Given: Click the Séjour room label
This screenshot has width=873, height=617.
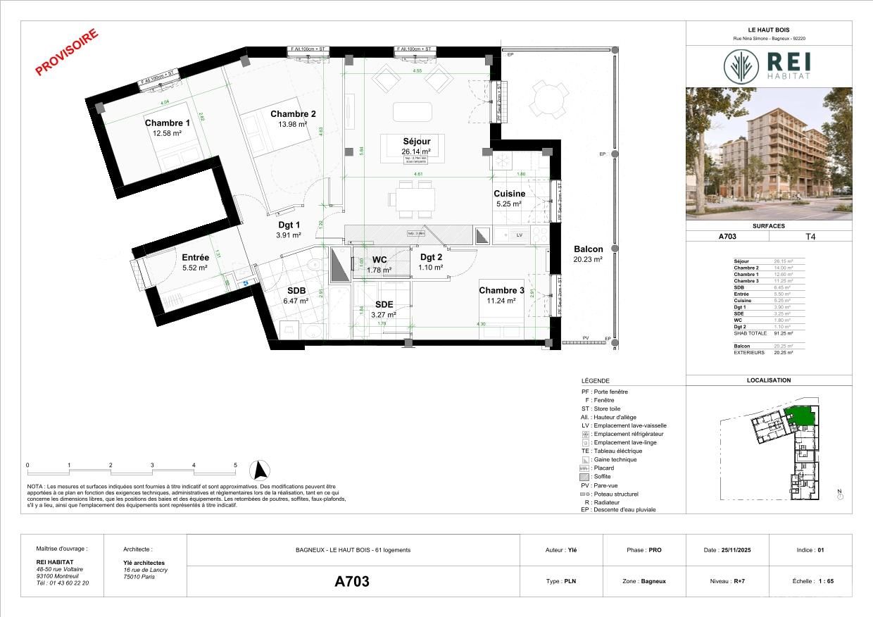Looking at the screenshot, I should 416,141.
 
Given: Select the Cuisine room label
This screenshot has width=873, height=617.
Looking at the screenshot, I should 508,194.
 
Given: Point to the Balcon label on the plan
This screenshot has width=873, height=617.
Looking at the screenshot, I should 588,249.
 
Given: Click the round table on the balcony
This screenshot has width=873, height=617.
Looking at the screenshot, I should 547,100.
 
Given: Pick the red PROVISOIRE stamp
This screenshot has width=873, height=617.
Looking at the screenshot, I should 67,51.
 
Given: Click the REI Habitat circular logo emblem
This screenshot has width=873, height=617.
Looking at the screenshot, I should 741,66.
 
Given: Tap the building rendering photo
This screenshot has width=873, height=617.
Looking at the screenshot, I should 768,154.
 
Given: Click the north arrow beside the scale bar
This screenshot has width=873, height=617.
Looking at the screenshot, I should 262,468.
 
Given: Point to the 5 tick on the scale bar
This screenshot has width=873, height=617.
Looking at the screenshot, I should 235,466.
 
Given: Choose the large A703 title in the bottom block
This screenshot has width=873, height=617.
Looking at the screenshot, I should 351,582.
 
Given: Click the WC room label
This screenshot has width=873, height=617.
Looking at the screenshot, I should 379,260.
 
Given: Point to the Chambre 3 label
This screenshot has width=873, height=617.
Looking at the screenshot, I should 501,291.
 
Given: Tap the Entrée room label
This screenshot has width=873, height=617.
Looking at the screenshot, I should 195,258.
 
